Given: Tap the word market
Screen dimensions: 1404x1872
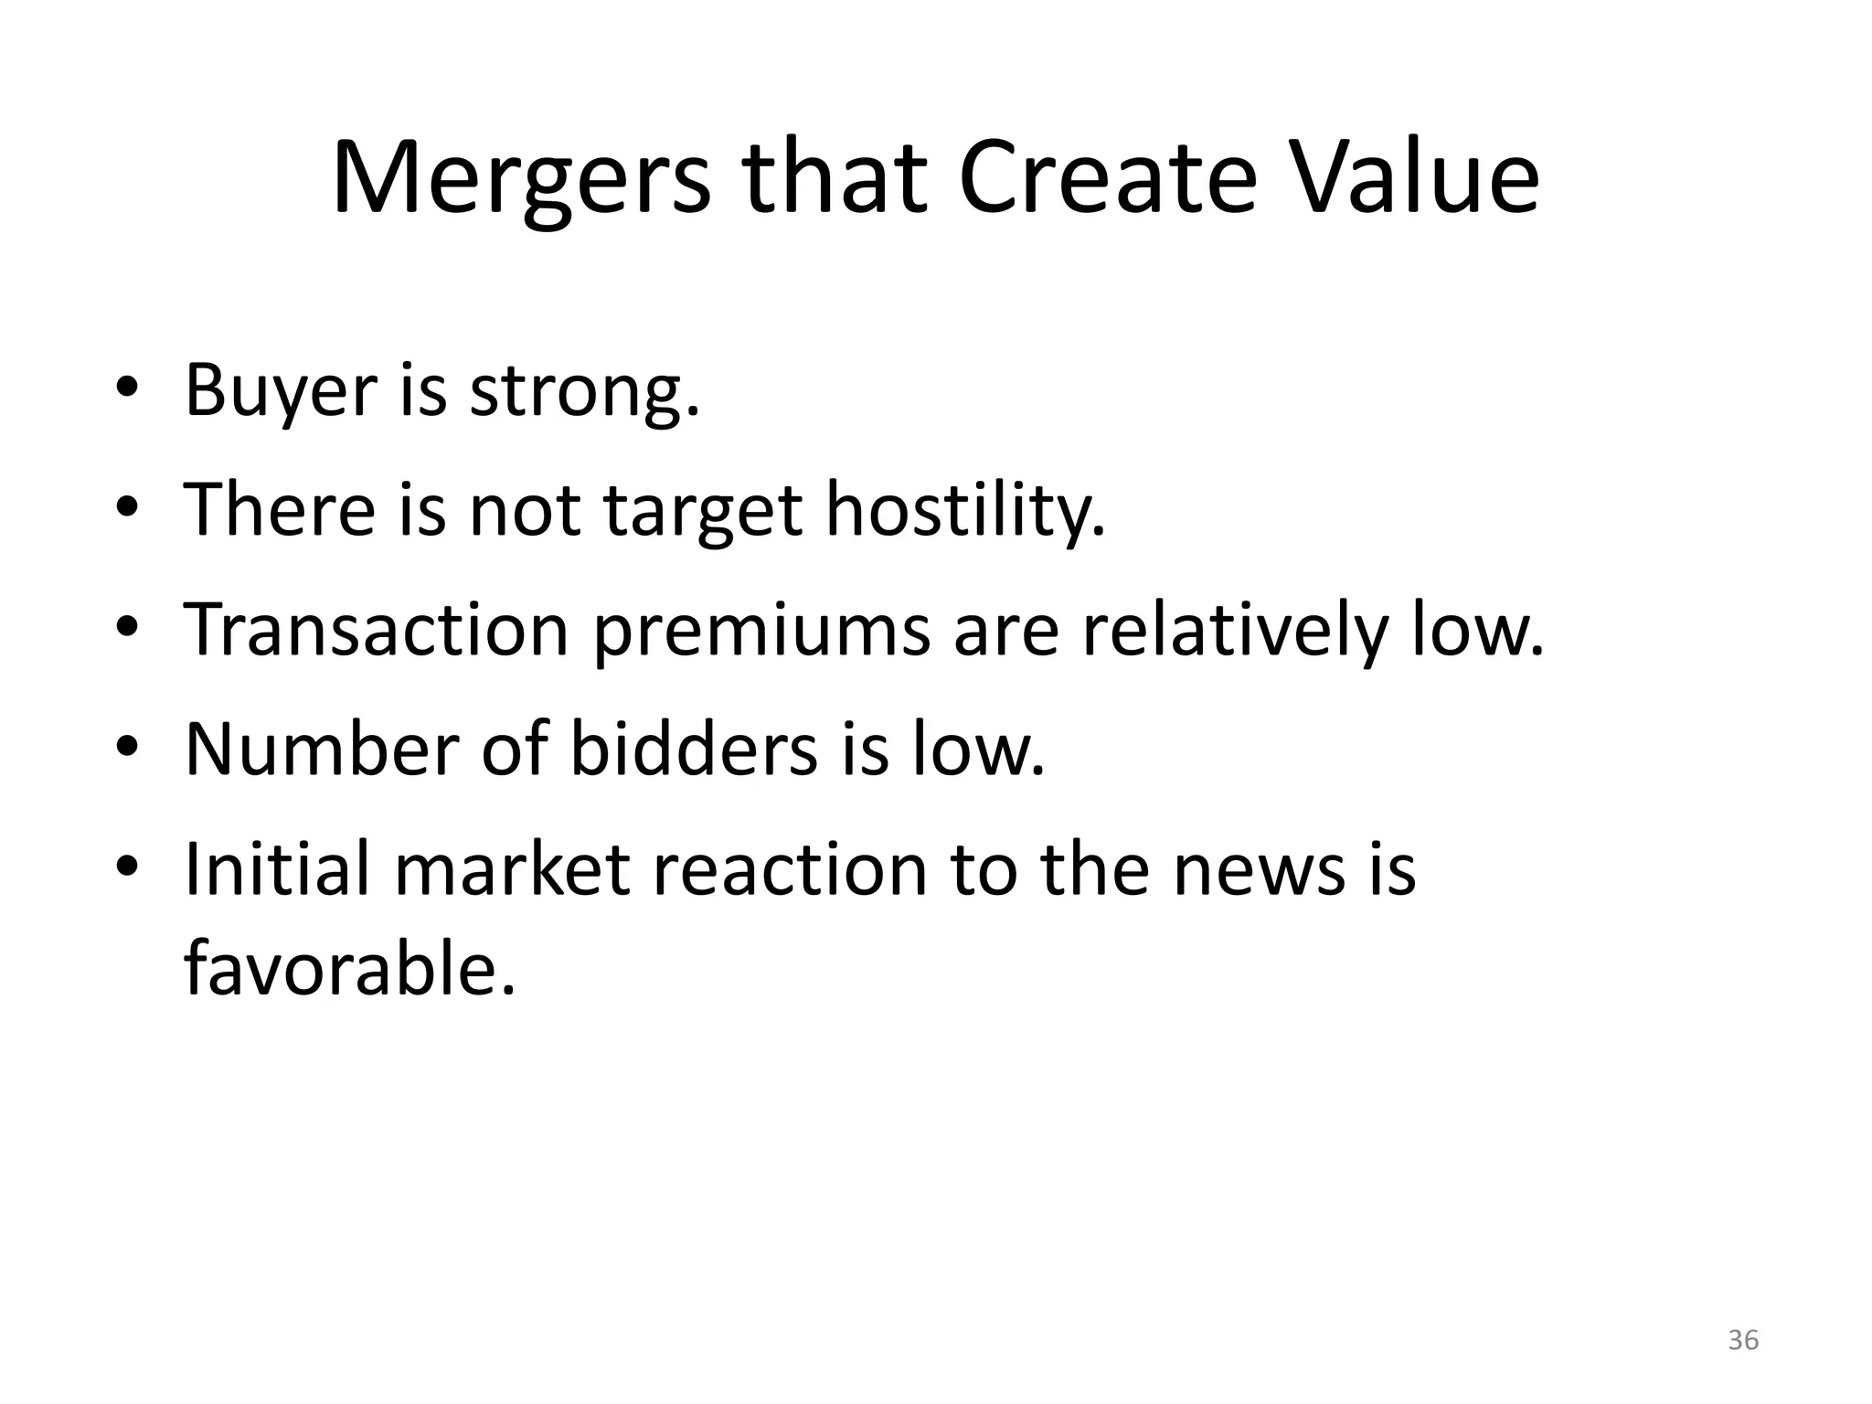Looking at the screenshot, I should [513, 868].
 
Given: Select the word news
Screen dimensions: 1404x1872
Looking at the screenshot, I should [1260, 870].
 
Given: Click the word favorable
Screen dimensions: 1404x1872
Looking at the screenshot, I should [350, 969].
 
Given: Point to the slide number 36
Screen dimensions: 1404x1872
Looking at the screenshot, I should [1743, 1340].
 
